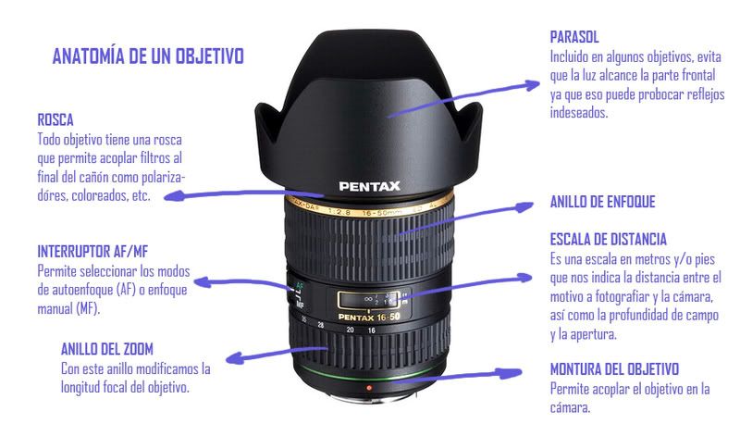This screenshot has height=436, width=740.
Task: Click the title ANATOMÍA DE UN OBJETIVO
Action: pyautogui.click(x=148, y=56)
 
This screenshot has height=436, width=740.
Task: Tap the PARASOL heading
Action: pyautogui.click(x=574, y=37)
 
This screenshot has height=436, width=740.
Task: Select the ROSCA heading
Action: pyautogui.click(x=55, y=120)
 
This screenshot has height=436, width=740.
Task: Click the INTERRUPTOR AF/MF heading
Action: pyautogui.click(x=93, y=251)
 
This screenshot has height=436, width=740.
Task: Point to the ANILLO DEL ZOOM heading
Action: pyautogui.click(x=107, y=349)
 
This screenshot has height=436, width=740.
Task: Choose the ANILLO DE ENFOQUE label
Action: pyautogui.click(x=603, y=202)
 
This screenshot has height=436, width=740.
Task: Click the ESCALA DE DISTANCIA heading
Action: pyautogui.click(x=609, y=239)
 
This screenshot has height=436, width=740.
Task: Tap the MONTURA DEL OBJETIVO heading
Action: pyautogui.click(x=614, y=369)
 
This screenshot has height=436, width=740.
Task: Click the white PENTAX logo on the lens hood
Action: pyautogui.click(x=369, y=186)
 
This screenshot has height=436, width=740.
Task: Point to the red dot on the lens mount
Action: pyautogui.click(x=369, y=388)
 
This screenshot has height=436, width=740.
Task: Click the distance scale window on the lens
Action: pyautogui.click(x=368, y=300)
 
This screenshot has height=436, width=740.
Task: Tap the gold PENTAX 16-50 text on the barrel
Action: pyautogui.click(x=369, y=317)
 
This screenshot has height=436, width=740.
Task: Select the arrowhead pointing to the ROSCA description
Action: pyautogui.click(x=173, y=195)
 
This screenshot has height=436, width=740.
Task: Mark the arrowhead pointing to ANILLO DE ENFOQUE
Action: pyautogui.click(x=524, y=207)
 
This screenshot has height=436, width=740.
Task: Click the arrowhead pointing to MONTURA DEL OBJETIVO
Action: pyautogui.click(x=512, y=373)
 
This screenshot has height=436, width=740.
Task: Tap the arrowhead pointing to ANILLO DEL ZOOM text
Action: pyautogui.click(x=236, y=358)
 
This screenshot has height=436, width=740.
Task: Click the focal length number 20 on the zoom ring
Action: pyautogui.click(x=350, y=330)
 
